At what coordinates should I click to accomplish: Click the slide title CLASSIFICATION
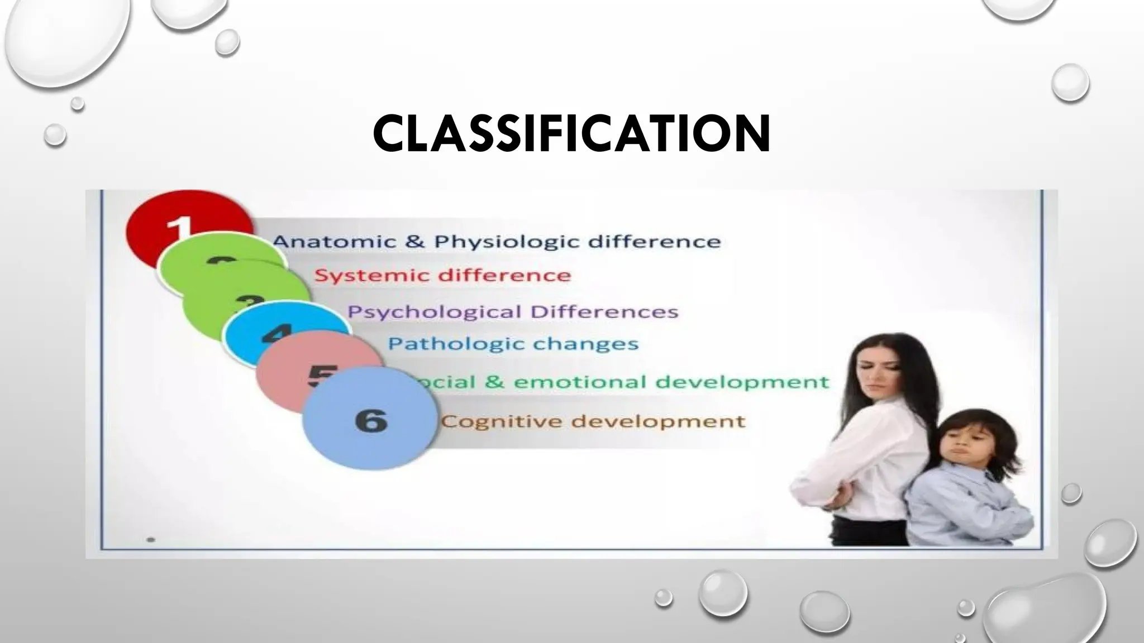click(571, 134)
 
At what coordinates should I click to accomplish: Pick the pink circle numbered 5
click(302, 371)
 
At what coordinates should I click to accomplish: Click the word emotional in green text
click(580, 382)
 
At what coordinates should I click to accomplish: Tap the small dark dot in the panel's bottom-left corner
click(151, 540)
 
